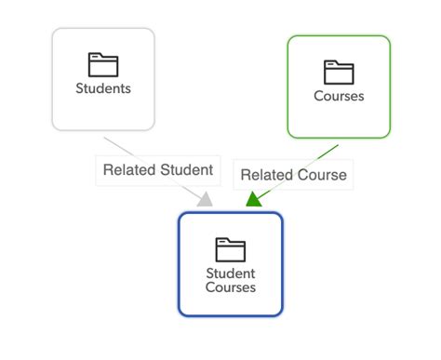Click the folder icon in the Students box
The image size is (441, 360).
(x=102, y=64)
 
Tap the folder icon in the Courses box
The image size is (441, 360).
(x=339, y=71)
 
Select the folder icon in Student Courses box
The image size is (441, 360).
(x=230, y=248)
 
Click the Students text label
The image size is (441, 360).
(x=102, y=89)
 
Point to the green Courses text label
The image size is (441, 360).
(x=339, y=96)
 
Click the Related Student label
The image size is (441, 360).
(x=158, y=170)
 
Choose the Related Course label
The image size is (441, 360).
(x=293, y=174)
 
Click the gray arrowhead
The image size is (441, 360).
(x=206, y=198)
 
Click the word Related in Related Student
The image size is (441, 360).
(x=129, y=170)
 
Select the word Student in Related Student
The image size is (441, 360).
(x=186, y=170)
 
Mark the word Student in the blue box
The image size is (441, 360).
(x=230, y=273)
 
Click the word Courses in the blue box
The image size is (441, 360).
(x=230, y=288)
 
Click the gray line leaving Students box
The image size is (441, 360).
(x=114, y=144)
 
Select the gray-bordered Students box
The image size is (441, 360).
(x=102, y=78)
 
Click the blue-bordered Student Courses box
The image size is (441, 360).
(x=230, y=263)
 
